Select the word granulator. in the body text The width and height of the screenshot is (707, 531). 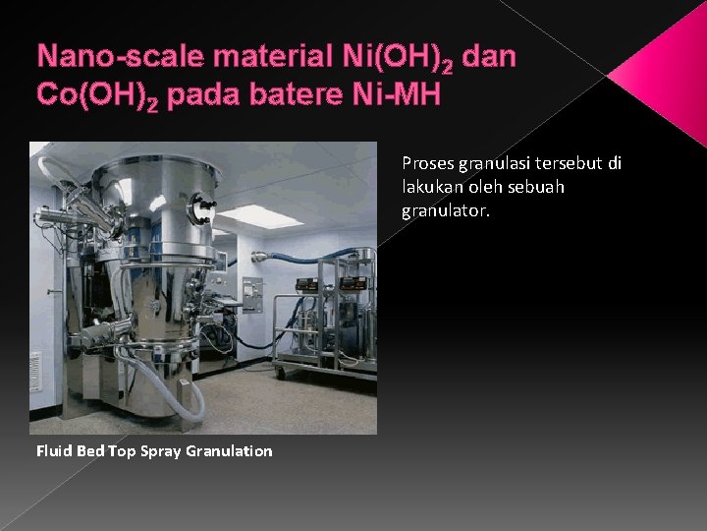tap(445, 209)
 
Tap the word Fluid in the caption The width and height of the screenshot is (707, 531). tap(53, 450)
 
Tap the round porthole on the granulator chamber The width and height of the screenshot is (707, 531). tap(204, 206)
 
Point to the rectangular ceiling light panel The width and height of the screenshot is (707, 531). tap(259, 215)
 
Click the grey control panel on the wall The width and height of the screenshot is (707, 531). tap(253, 293)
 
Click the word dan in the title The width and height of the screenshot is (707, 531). tap(488, 56)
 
